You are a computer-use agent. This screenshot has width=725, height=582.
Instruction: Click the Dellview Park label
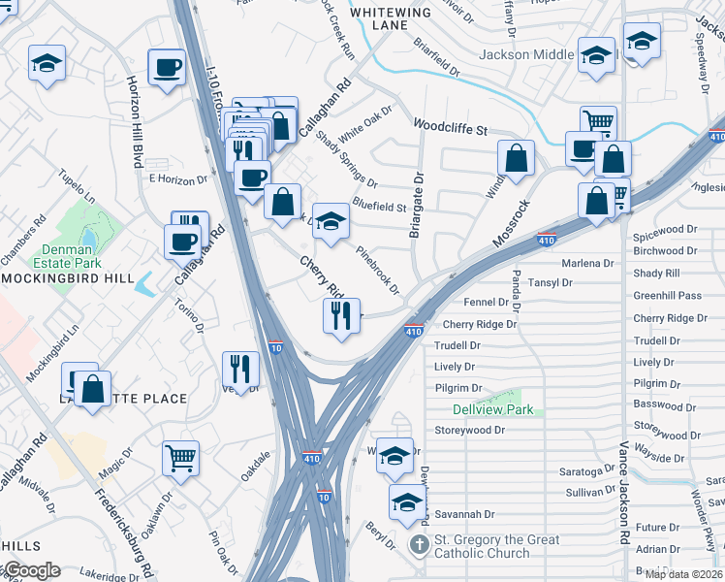tap(479, 410)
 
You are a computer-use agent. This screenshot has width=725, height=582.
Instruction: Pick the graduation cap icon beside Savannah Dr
tap(406, 501)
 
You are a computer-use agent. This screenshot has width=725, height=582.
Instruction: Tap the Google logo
tap(31, 570)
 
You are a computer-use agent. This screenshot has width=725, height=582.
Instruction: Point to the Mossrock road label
tap(510, 223)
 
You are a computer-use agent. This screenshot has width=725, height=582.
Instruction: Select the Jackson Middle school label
tap(525, 55)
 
